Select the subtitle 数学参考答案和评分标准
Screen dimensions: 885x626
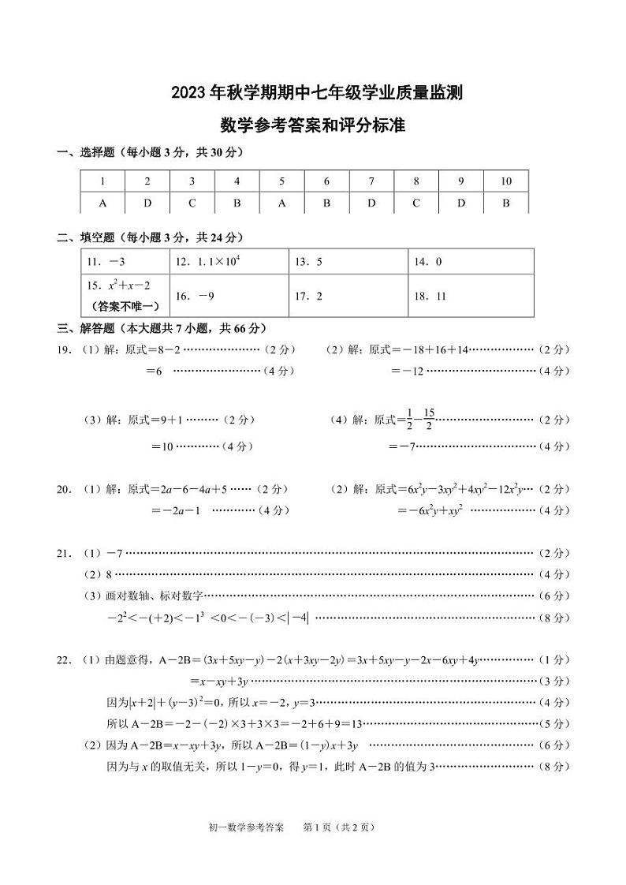point(312,125)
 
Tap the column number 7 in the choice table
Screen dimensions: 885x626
point(371,181)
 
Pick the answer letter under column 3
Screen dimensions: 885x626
point(192,203)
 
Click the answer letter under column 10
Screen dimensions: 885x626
point(506,203)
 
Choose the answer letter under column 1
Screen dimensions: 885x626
point(102,203)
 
